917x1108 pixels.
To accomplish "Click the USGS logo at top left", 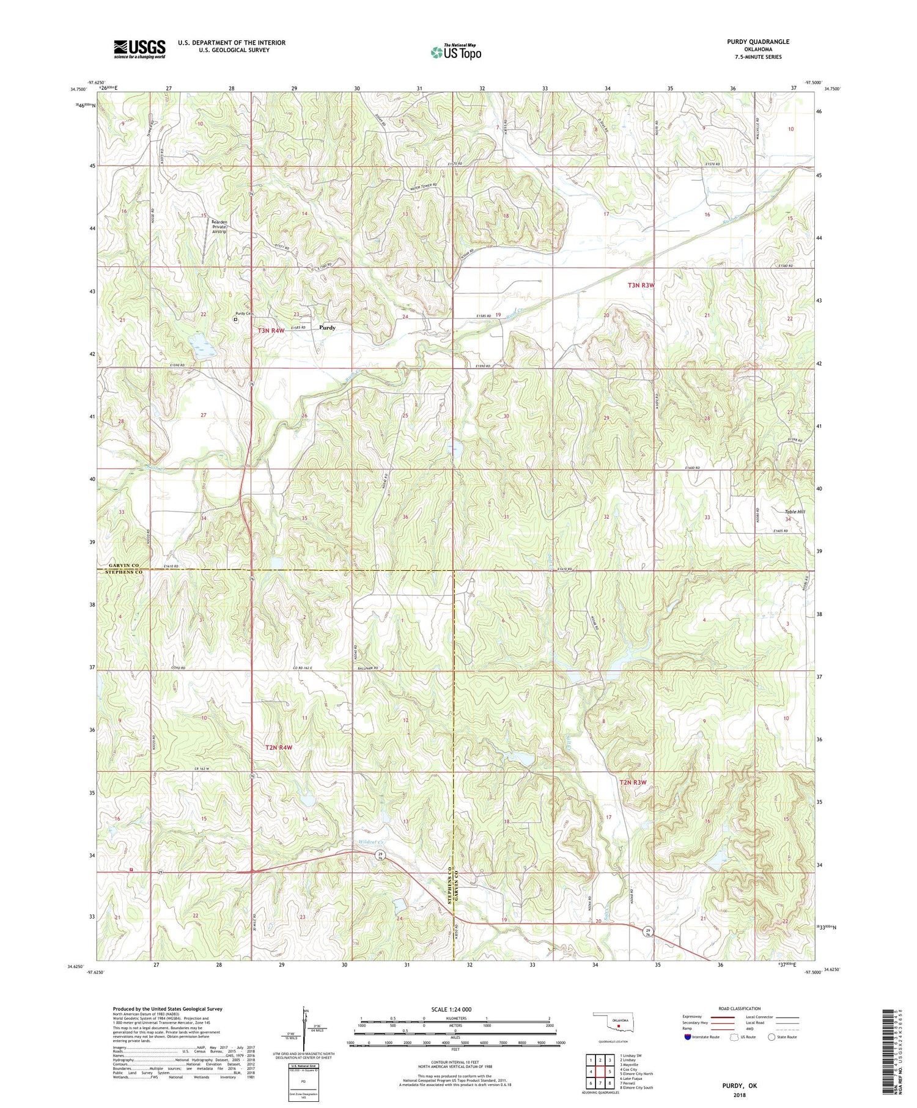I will click(139, 49).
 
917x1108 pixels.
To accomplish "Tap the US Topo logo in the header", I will click(455, 53).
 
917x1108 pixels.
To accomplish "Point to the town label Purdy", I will click(327, 328).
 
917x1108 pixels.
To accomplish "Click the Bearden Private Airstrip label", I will click(219, 227).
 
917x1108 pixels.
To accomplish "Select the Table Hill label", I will click(795, 512).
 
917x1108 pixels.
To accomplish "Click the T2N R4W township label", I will click(278, 747).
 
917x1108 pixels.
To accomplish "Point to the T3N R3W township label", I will click(641, 285).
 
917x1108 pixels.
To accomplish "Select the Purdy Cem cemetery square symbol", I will click(236, 319).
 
